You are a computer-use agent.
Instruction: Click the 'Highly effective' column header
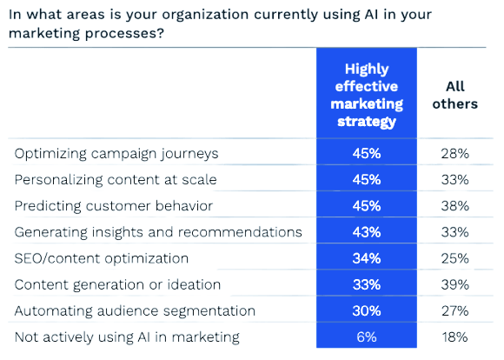pyautogui.click(x=366, y=78)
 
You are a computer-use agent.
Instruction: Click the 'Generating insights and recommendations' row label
pyautogui.click(x=159, y=232)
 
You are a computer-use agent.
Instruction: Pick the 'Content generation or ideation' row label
pyautogui.click(x=117, y=284)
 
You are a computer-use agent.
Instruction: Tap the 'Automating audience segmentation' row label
pyautogui.click(x=135, y=310)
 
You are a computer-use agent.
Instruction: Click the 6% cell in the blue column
pyautogui.click(x=366, y=337)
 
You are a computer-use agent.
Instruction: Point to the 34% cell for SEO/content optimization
pyautogui.click(x=366, y=258)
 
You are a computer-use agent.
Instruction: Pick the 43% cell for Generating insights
pyautogui.click(x=366, y=232)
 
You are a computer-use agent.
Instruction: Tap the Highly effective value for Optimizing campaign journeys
pyautogui.click(x=366, y=154)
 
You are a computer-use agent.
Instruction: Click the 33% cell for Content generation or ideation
pyautogui.click(x=366, y=284)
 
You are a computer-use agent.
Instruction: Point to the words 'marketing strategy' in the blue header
pyautogui.click(x=366, y=113)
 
